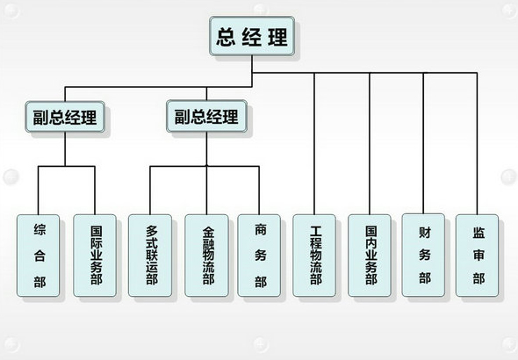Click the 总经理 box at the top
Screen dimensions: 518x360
(x=252, y=36)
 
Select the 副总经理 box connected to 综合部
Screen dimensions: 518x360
(x=65, y=117)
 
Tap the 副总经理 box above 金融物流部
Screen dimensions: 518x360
(x=206, y=116)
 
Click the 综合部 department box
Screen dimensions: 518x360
(x=39, y=256)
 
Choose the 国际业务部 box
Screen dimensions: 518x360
(x=95, y=256)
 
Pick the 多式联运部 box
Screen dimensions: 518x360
(x=150, y=256)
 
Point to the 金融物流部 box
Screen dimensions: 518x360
(x=206, y=256)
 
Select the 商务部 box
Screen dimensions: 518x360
(x=259, y=256)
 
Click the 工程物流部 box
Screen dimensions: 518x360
(x=314, y=256)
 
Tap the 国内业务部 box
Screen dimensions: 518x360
(x=370, y=256)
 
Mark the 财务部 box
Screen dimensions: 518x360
(x=423, y=255)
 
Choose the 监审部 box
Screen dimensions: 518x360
(x=477, y=256)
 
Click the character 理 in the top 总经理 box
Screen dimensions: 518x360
(x=277, y=36)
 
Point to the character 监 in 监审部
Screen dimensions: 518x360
(x=478, y=233)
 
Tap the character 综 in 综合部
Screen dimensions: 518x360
(x=40, y=229)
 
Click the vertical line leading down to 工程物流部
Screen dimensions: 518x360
(x=314, y=144)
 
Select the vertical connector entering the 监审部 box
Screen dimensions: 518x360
(x=477, y=144)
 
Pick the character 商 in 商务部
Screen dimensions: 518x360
(x=261, y=229)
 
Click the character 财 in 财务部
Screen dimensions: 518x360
(x=425, y=233)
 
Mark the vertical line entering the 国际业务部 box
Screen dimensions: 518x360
(x=95, y=191)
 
